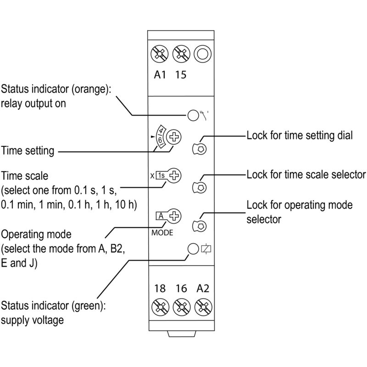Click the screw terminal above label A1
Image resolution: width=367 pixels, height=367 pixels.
click(160, 54)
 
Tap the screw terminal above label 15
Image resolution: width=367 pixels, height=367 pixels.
click(181, 54)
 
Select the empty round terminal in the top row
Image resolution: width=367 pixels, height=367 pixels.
click(203, 54)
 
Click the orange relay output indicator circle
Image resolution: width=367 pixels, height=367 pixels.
click(193, 116)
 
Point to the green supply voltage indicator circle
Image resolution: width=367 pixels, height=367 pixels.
click(193, 249)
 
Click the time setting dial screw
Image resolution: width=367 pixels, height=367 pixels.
click(174, 137)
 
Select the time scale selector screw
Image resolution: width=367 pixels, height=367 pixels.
click(174, 176)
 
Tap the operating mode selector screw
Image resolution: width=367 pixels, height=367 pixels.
click(174, 216)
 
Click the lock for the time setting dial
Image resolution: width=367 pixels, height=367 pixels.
click(200, 148)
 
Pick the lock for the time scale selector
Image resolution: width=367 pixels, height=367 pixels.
click(200, 187)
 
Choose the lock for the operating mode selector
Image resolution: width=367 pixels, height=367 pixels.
click(200, 226)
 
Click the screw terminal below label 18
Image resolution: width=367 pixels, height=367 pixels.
click(160, 307)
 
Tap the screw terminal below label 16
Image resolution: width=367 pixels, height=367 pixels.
click(182, 307)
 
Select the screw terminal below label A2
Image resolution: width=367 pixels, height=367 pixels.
click(203, 307)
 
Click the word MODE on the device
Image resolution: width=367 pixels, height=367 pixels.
click(162, 233)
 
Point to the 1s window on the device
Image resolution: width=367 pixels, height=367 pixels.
click(161, 175)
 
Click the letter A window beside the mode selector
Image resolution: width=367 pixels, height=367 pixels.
click(161, 216)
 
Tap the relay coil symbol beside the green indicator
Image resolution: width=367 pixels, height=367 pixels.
click(206, 249)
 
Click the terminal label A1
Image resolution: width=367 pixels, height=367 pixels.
click(160, 75)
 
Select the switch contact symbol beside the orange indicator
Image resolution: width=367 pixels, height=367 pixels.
click(204, 116)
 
